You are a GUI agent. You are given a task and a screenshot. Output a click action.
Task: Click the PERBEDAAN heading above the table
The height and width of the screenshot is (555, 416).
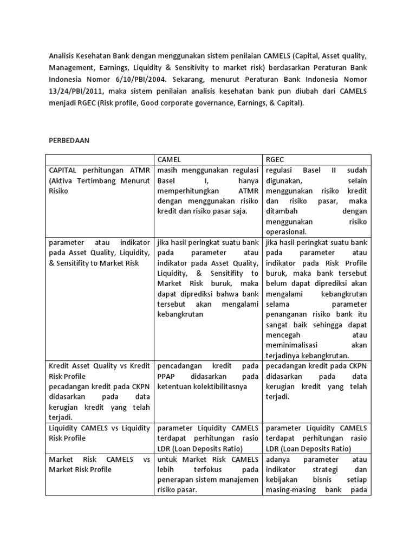69,140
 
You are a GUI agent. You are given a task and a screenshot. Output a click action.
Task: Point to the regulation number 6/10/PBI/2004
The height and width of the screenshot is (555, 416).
124,81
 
